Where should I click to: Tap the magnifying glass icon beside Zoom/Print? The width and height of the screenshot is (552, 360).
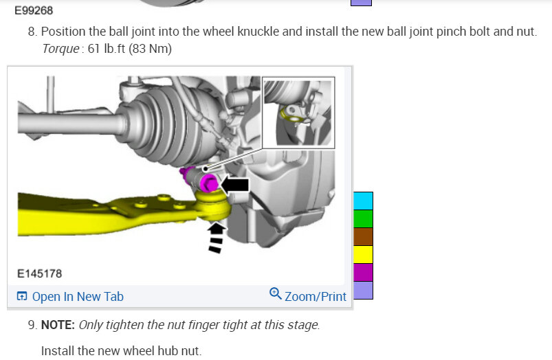point(275,293)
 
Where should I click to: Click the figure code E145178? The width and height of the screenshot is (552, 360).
point(39,273)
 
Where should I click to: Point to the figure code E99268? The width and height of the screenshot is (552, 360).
point(34,10)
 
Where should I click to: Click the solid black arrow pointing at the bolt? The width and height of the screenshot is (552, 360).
point(234,185)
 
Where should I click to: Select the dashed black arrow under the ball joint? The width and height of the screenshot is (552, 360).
point(216,237)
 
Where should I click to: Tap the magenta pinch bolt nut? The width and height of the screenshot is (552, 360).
point(208,183)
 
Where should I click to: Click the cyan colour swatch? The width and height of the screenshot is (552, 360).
point(363,201)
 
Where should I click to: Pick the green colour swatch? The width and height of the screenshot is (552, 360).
point(363,219)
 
